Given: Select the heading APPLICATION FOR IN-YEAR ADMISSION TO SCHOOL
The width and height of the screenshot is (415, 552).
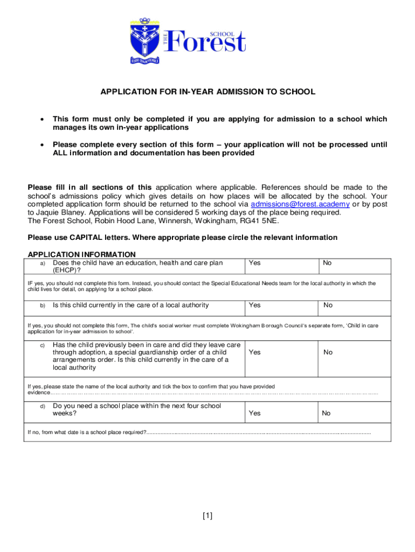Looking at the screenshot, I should (207, 92).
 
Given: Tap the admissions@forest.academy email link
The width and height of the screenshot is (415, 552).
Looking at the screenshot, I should (300, 204).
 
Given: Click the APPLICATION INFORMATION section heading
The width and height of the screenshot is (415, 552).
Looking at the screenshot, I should (81, 254).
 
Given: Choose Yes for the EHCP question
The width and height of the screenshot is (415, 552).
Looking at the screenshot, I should (254, 263).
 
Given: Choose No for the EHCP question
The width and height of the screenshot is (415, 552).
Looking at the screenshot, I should (327, 263).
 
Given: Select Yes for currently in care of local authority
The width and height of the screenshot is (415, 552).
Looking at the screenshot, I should (254, 305).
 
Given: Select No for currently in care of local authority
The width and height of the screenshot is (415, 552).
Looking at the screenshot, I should (328, 305).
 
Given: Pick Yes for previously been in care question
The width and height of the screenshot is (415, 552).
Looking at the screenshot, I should (254, 352).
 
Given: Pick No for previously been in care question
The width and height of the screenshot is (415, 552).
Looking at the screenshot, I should (328, 352).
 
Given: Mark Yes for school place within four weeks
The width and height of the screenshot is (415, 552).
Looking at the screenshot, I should (254, 413).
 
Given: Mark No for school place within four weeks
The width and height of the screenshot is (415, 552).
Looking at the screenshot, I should (326, 413).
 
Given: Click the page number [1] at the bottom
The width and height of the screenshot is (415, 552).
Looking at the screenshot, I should (207, 516).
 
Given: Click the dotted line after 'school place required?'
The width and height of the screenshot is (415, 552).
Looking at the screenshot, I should (259, 432).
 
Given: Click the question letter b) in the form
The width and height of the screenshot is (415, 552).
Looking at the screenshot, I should (43, 306).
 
